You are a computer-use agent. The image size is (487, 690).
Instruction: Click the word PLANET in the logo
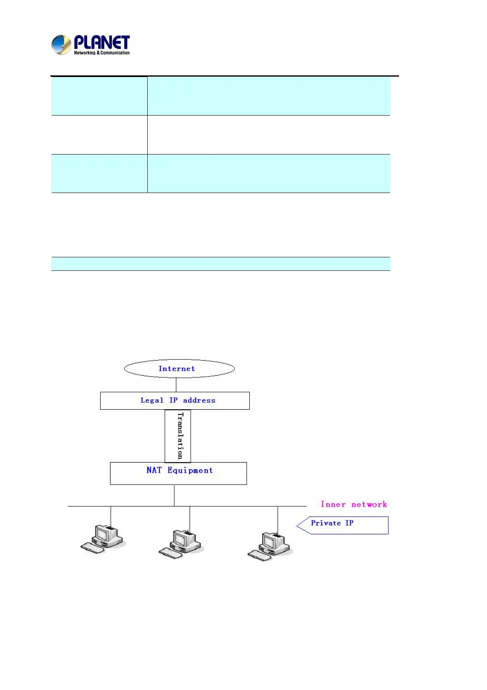101,42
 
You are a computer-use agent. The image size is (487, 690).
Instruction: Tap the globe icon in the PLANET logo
61,45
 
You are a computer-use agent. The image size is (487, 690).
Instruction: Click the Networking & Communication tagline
101,53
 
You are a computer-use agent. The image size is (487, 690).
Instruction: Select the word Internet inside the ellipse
176,369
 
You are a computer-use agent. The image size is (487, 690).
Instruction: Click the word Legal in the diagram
151,400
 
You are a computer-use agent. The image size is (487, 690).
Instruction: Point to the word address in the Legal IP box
199,400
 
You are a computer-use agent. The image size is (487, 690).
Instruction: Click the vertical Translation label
180,436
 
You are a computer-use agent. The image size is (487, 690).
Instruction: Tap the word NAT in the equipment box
154,470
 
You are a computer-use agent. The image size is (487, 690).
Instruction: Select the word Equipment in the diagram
190,471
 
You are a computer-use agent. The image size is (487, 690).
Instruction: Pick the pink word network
369,504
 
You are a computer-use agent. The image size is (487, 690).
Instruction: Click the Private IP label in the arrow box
332,523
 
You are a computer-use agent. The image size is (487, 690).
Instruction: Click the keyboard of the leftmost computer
92,548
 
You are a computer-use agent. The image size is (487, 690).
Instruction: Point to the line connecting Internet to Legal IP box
176,385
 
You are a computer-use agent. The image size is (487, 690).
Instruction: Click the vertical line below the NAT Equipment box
174,495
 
